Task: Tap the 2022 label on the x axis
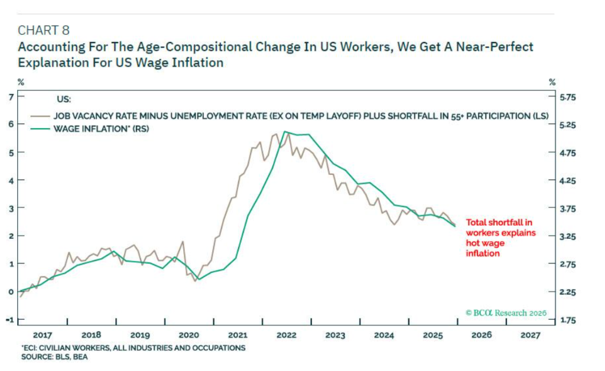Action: (x=286, y=335)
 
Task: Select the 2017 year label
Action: (x=43, y=335)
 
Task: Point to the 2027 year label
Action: (x=530, y=335)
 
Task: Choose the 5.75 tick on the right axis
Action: (x=569, y=97)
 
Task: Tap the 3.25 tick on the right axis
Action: (x=569, y=236)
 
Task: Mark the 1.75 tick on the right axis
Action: (x=569, y=320)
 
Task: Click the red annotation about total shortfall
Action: (x=500, y=237)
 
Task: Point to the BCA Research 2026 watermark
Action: (x=506, y=313)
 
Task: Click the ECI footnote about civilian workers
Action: (x=133, y=348)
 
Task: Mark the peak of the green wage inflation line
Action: (x=285, y=132)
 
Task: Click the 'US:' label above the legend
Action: (x=63, y=100)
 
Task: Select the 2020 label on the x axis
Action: (x=188, y=335)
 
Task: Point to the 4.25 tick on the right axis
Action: (x=569, y=181)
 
